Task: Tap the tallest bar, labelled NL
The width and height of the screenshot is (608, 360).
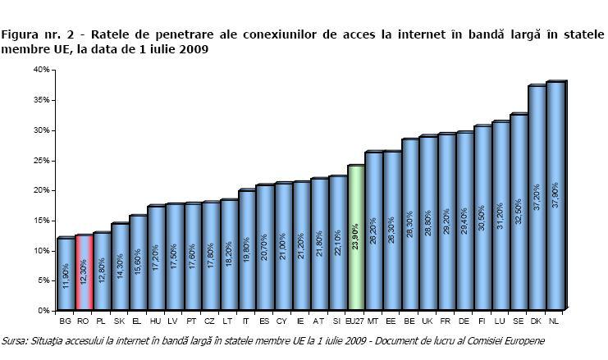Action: [x=555, y=197]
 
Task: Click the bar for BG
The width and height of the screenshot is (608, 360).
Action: [x=65, y=274]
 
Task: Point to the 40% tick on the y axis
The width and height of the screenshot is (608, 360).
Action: [x=41, y=70]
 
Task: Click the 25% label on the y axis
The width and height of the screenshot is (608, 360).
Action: [x=41, y=160]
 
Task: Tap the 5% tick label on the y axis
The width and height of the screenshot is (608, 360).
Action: [x=43, y=280]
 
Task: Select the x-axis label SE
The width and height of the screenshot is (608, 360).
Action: [x=519, y=321]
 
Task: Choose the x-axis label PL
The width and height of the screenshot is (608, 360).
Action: [x=101, y=321]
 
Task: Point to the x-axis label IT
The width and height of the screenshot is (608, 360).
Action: [x=246, y=321]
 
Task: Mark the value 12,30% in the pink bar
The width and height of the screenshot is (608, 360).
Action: [x=83, y=275]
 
